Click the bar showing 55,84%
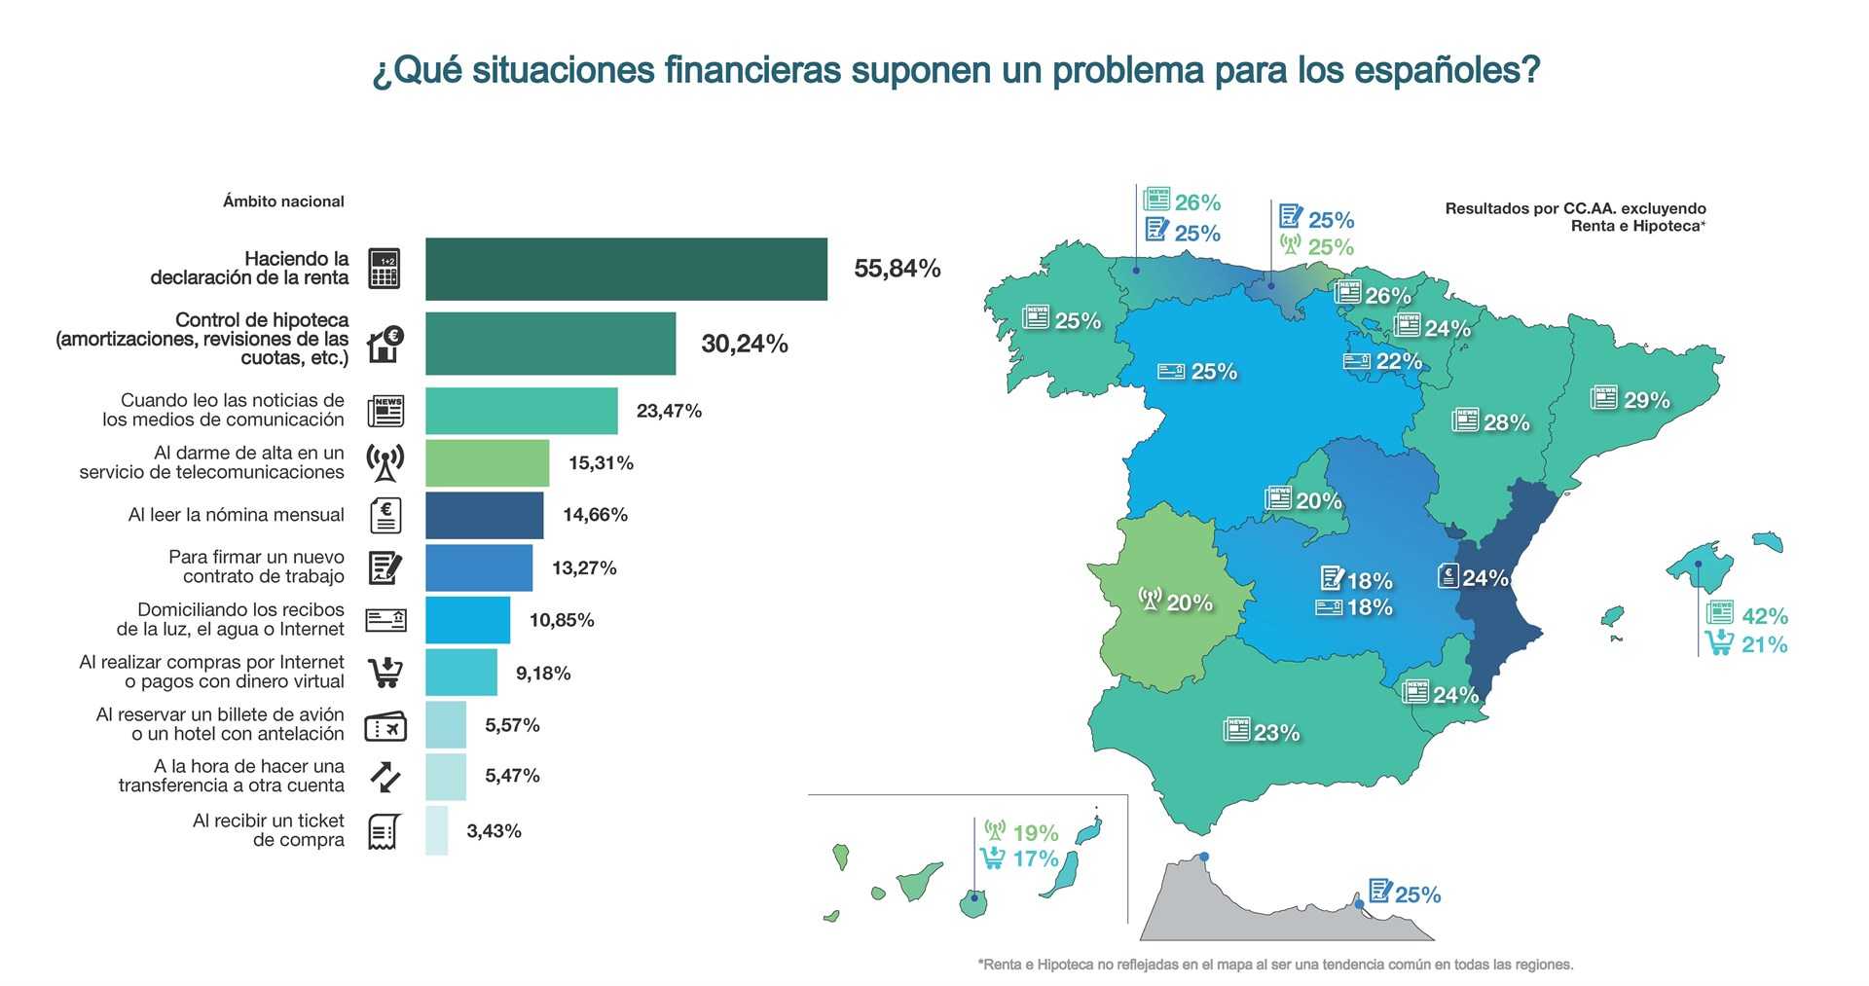(x=626, y=269)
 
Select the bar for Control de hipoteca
(x=550, y=344)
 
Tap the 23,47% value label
(x=669, y=411)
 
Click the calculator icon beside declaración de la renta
(x=385, y=269)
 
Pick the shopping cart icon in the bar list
(x=385, y=673)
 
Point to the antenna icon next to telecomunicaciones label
(x=385, y=462)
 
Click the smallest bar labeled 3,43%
(x=436, y=830)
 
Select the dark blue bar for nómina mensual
(x=484, y=515)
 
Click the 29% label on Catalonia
(x=1646, y=400)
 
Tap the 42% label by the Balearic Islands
(x=1764, y=616)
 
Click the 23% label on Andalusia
(x=1276, y=733)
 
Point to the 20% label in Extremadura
(x=1190, y=603)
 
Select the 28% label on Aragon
(x=1506, y=422)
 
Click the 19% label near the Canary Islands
(x=1035, y=833)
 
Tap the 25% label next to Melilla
(x=1417, y=895)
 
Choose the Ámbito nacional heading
(x=283, y=201)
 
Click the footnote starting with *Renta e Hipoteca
(x=1275, y=965)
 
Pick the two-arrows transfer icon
(x=385, y=776)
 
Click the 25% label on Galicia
(x=1078, y=320)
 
